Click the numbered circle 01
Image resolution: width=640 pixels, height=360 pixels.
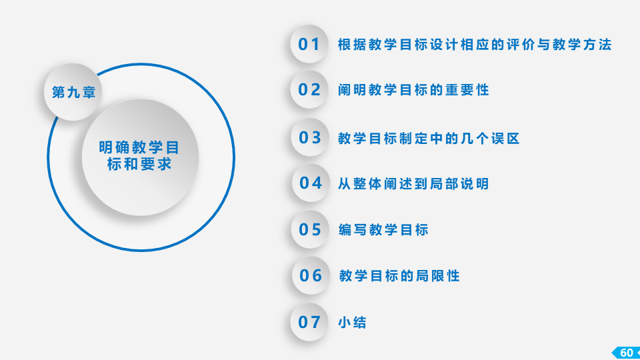pyautogui.click(x=309, y=44)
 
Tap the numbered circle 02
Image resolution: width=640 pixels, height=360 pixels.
pyautogui.click(x=309, y=89)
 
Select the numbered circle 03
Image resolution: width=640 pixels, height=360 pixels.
pyautogui.click(x=310, y=137)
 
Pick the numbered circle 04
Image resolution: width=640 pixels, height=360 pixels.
pyautogui.click(x=311, y=183)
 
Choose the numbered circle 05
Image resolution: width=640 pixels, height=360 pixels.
pyautogui.click(x=310, y=229)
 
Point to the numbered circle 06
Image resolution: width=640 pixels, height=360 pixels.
pyautogui.click(x=311, y=275)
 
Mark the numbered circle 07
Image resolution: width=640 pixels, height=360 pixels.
pyautogui.click(x=309, y=322)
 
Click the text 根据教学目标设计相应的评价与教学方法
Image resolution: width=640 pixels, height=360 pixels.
pyautogui.click(x=475, y=45)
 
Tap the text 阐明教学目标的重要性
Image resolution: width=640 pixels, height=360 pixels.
pyautogui.click(x=413, y=90)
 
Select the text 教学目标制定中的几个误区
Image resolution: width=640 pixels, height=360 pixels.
pyautogui.click(x=429, y=139)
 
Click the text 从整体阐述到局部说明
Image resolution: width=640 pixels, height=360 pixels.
pyautogui.click(x=413, y=184)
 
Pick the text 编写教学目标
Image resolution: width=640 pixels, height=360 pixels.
pyautogui.click(x=383, y=230)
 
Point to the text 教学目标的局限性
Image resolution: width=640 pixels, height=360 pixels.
pyautogui.click(x=399, y=276)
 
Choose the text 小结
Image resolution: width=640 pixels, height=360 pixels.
pyautogui.click(x=352, y=323)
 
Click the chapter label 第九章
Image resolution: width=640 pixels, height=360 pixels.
pyautogui.click(x=74, y=92)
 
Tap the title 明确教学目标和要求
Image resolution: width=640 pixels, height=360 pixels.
pyautogui.click(x=139, y=155)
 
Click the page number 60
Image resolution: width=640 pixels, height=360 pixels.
pyautogui.click(x=627, y=353)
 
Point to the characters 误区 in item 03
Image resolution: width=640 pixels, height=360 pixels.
pyautogui.click(x=505, y=139)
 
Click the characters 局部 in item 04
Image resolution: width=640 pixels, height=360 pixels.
pyautogui.click(x=445, y=184)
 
